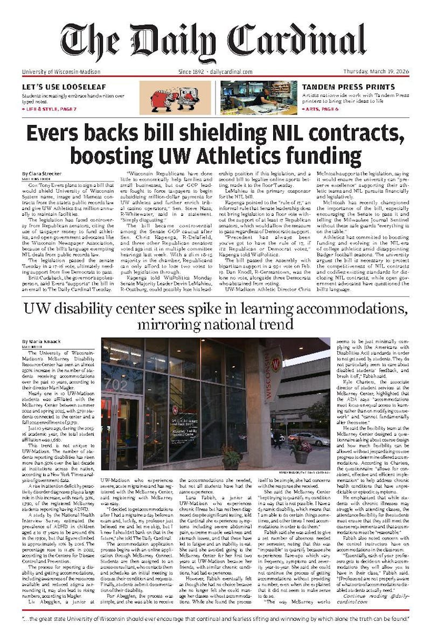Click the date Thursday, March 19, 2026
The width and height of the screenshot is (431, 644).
(x=376, y=72)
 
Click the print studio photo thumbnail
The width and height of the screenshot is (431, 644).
(x=259, y=97)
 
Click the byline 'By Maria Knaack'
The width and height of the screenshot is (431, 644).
(x=41, y=341)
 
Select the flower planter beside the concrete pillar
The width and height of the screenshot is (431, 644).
(x=301, y=451)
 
